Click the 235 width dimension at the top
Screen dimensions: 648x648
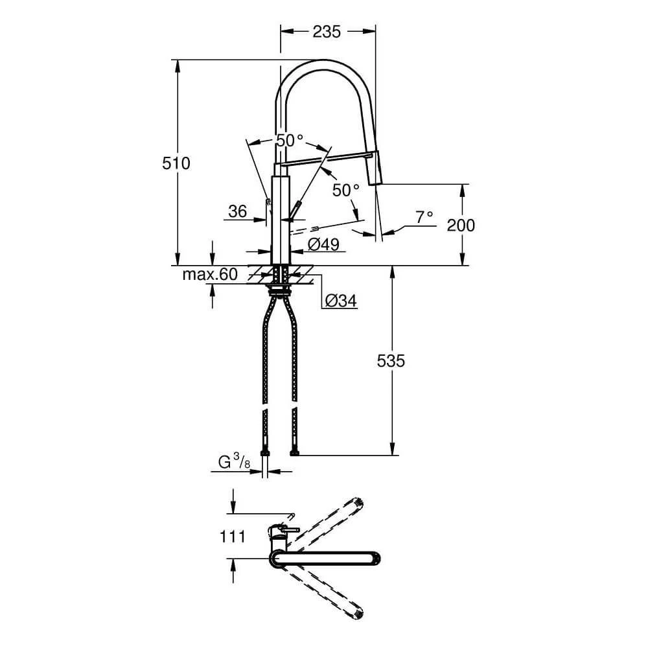tap(327, 31)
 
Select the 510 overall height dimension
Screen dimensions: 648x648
tap(176, 163)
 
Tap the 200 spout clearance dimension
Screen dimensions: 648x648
tap(461, 225)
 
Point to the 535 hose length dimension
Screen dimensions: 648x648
tap(391, 360)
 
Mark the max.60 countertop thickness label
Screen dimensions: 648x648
tap(209, 274)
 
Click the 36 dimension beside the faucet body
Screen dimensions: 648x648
tap(238, 211)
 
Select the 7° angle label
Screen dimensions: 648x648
tap(424, 217)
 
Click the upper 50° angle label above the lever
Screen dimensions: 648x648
tap(289, 140)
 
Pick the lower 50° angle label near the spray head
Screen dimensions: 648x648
tap(345, 190)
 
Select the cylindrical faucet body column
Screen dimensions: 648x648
tap(279, 214)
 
